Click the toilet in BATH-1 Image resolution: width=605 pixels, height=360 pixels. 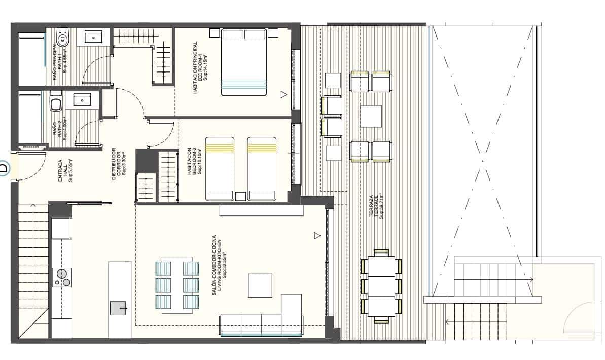[63, 38]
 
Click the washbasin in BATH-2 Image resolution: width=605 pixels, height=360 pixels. [83, 100]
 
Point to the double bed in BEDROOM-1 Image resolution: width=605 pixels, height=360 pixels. [244, 62]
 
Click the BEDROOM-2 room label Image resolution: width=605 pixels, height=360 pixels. [195, 161]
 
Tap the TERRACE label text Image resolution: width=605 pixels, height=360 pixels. [376, 205]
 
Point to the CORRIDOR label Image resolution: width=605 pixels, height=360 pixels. [118, 162]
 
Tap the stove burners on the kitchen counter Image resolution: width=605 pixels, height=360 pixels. [62, 278]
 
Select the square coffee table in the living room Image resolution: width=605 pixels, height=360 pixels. [260, 285]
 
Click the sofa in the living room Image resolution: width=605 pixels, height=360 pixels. [261, 325]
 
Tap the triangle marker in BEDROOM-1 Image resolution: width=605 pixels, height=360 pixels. [284, 94]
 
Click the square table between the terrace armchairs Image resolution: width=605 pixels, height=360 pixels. [371, 116]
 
